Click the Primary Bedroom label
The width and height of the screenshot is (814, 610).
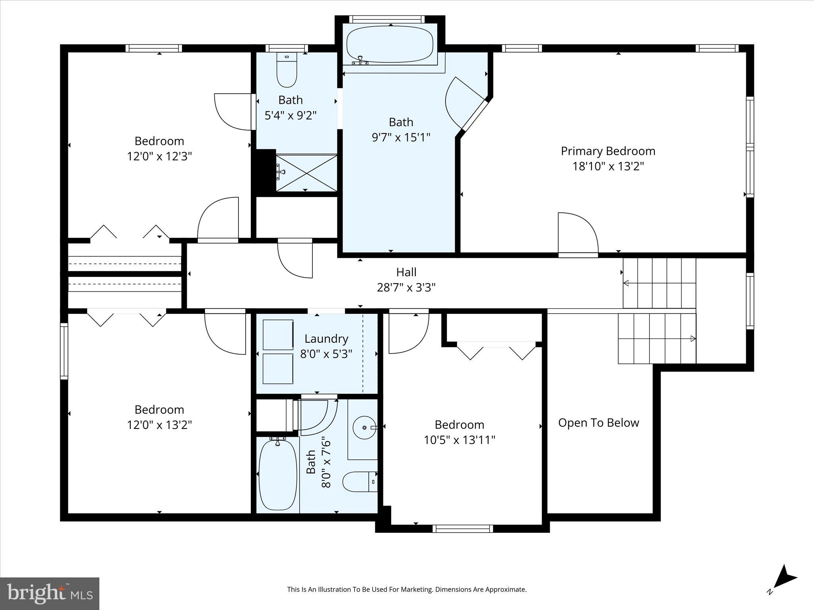point(608,151)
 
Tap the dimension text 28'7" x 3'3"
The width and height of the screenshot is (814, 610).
point(406,287)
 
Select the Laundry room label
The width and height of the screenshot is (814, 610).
point(326,339)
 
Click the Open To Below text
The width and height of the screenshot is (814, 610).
point(598,423)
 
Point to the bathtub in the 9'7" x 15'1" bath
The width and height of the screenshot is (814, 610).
point(390,44)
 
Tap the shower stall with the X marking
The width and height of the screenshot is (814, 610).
point(306,173)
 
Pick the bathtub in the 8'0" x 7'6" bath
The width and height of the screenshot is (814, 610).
point(277,475)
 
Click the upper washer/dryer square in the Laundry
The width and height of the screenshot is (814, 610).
point(278,335)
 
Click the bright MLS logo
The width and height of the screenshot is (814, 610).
point(50,593)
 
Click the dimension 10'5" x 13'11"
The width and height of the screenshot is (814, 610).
point(459,440)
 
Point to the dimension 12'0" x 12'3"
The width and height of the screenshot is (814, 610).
point(159,156)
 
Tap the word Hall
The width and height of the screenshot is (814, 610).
point(406,272)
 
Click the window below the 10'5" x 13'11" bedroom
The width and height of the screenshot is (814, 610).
point(463,529)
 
